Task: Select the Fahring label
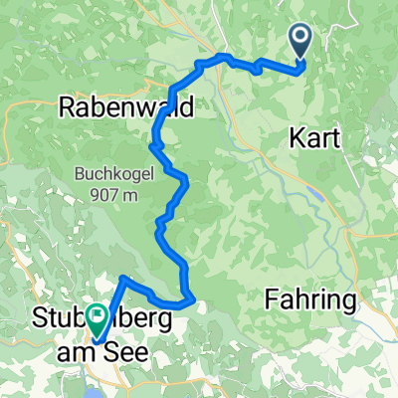click(x=310, y=298)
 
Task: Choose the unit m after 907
click(x=129, y=196)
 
